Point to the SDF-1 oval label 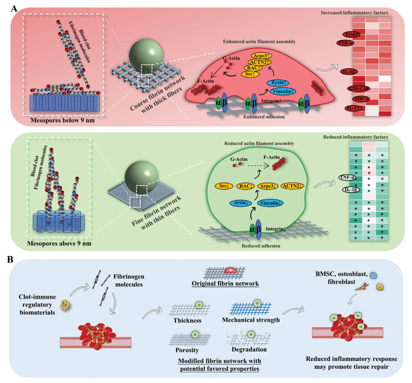click(x=356, y=99)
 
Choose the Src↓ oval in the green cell click(x=224, y=186)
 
